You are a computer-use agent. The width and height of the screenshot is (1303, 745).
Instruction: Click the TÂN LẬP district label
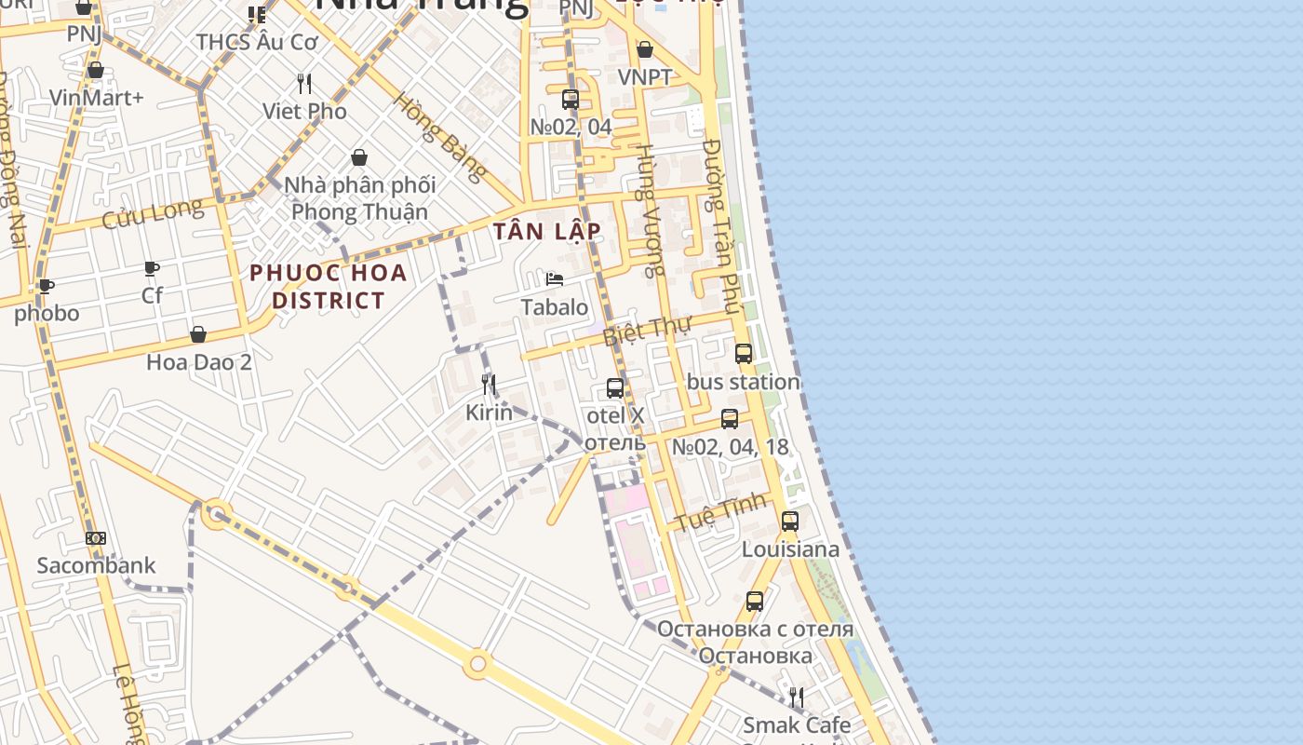pos(547,231)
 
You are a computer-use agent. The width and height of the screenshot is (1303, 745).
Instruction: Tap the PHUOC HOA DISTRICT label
pos(329,286)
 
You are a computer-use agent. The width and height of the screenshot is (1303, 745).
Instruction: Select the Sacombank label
pos(96,565)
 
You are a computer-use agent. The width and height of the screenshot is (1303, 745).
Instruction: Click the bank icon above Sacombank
pos(96,538)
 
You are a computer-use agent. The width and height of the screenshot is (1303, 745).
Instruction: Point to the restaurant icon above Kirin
pos(489,384)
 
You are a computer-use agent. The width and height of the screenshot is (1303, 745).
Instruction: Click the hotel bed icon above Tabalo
pos(555,279)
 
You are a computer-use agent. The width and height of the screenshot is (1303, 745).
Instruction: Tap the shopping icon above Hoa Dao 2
pos(198,334)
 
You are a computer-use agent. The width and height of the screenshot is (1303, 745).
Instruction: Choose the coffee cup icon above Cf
pos(152,269)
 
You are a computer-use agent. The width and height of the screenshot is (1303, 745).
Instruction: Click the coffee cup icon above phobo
pos(46,286)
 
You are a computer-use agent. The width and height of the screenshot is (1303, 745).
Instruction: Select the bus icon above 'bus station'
pos(743,354)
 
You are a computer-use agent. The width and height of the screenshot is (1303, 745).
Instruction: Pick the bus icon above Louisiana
pos(790,521)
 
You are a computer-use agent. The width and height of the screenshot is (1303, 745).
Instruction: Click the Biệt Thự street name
pos(642,330)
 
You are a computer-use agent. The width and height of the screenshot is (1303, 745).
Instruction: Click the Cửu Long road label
pos(152,213)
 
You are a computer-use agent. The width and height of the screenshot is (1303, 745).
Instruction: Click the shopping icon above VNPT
pos(644,49)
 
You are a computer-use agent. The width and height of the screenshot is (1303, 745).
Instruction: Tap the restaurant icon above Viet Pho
pos(304,84)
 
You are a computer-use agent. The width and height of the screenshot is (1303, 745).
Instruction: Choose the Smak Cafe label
pos(796,725)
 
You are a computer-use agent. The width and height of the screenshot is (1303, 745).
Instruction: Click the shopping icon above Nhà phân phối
pos(359,157)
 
